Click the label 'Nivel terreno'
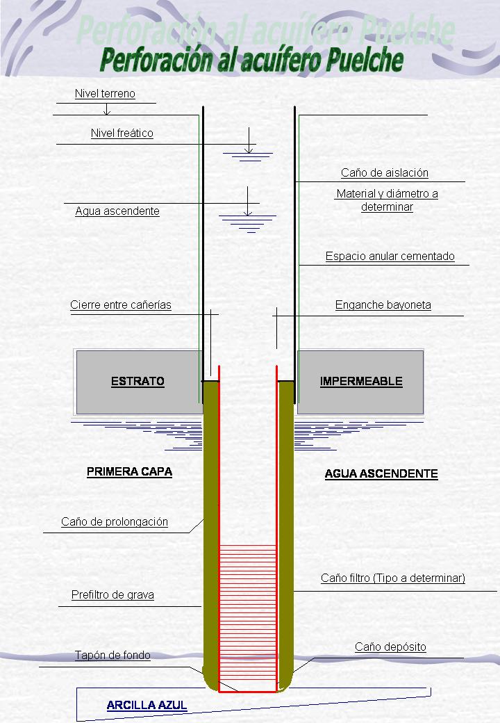105,94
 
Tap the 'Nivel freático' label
122,133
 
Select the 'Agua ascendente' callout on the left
117,211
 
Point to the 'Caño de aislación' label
384,173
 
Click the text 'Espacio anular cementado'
390,257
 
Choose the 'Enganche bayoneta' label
383,305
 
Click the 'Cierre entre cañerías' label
121,305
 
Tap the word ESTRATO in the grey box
137,382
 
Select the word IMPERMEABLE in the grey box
360,382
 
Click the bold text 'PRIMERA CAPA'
129,472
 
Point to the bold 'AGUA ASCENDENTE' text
381,474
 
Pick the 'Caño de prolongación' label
115,522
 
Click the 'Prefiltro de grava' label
112,595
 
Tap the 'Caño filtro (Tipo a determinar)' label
392,578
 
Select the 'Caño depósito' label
390,647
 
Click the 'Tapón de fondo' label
112,656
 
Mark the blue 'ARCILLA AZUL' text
147,706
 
